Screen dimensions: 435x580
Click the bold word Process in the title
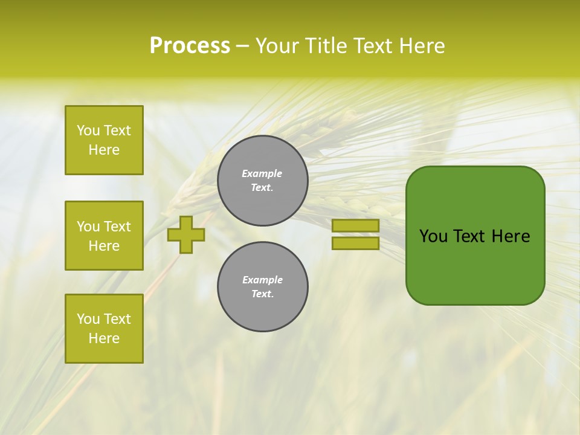[190, 46]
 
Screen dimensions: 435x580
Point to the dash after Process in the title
[242, 47]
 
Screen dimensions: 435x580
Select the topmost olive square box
[104, 140]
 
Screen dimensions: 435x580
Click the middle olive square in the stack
[104, 236]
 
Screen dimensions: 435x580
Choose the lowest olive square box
[104, 329]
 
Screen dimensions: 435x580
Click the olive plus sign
[186, 234]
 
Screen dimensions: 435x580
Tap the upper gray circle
[262, 180]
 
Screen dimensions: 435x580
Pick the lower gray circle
[262, 286]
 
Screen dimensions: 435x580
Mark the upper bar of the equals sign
[355, 225]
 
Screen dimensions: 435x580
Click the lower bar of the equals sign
[355, 243]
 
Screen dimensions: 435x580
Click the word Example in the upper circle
[262, 173]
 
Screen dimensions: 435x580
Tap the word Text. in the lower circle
[262, 294]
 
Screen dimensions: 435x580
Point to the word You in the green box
[433, 236]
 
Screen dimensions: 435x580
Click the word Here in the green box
[511, 236]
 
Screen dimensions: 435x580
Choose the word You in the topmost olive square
[88, 130]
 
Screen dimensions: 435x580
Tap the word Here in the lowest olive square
[104, 338]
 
